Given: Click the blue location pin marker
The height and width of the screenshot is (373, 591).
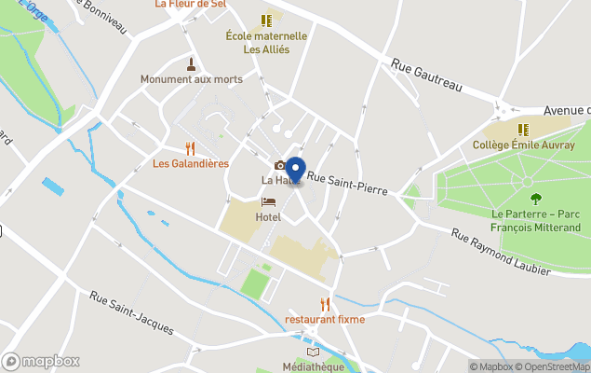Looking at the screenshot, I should [295, 171].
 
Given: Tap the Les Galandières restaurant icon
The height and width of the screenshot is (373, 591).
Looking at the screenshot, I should [191, 148].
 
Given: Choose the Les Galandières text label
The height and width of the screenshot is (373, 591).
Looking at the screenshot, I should [191, 164].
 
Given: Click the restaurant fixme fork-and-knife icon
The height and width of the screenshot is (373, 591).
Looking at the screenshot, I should [325, 304].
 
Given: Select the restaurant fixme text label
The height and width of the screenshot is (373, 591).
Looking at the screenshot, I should [325, 320].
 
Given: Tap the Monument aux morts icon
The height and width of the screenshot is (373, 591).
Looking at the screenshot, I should [192, 63].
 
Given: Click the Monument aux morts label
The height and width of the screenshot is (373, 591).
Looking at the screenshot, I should [192, 79].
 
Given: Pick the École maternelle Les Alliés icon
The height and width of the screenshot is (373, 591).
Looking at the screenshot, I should [267, 20].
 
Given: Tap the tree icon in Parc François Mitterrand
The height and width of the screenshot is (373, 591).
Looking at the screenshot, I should [535, 198].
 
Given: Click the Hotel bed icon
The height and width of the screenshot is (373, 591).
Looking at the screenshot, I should [268, 201].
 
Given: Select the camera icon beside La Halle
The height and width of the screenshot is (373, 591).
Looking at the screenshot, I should [279, 165].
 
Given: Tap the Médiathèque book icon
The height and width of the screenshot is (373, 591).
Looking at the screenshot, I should [313, 352].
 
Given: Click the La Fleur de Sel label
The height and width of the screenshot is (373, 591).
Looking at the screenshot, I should [192, 4].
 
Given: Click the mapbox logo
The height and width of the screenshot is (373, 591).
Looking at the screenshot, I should [41, 361].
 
